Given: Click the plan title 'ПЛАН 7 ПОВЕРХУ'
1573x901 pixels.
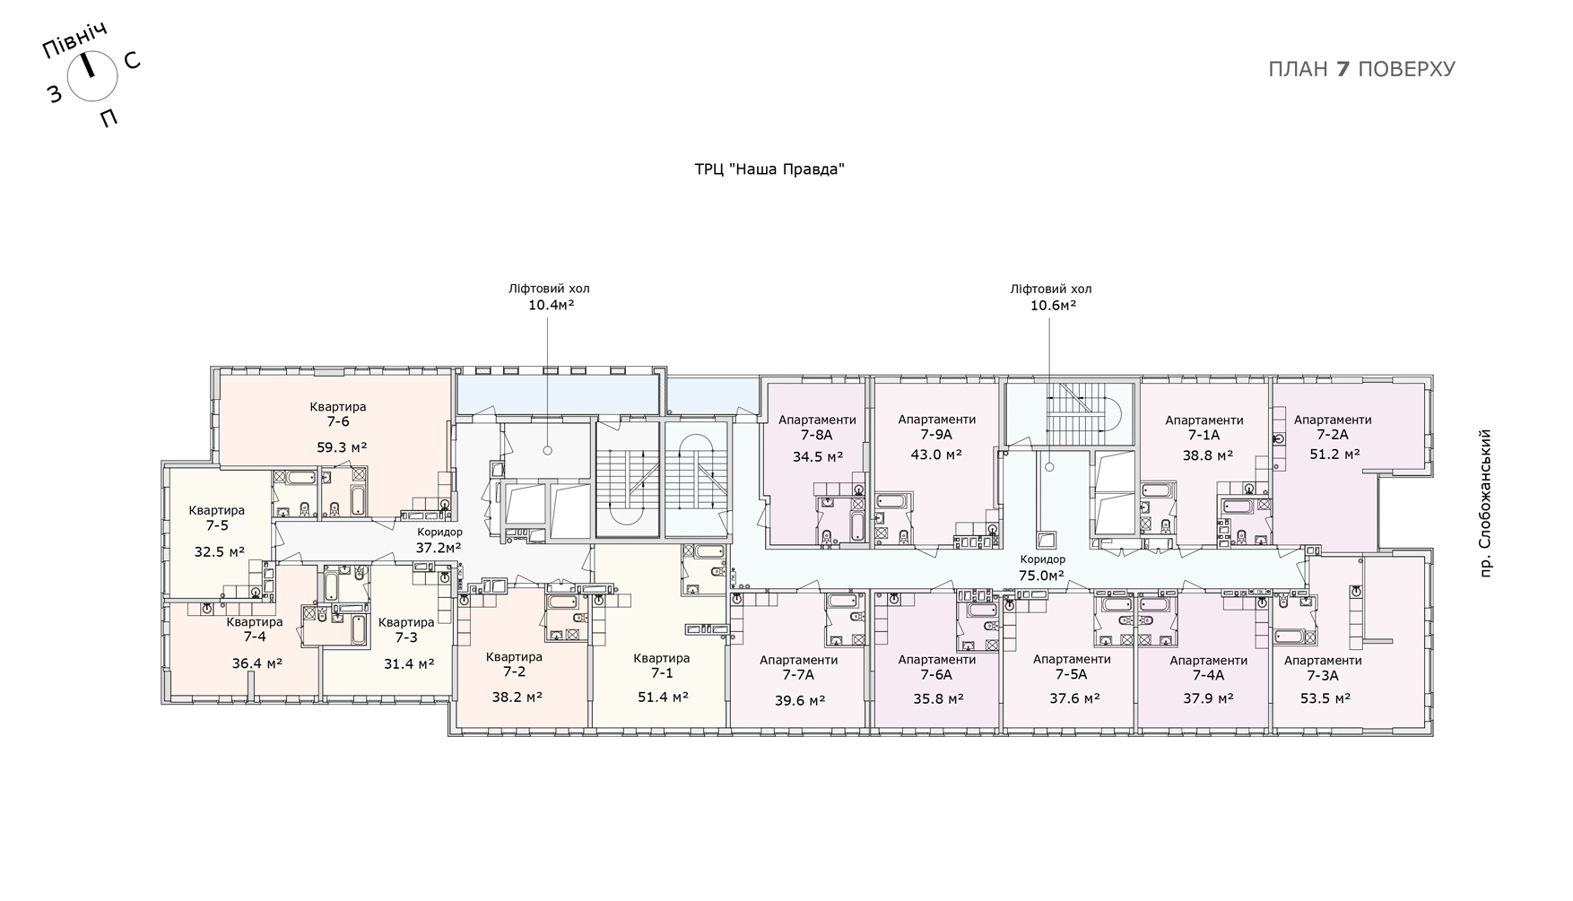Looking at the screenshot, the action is tap(1361, 69).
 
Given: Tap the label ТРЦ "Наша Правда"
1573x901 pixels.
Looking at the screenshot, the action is tap(769, 169).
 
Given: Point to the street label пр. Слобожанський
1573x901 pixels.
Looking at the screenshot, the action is tap(1485, 503).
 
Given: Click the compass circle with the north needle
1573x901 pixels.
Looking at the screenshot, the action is tap(92, 75).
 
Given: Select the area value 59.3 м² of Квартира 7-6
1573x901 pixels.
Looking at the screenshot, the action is tap(342, 447).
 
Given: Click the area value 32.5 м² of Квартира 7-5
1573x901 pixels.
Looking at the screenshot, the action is tap(220, 552).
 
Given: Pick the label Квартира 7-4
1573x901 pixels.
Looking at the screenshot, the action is tap(255, 629).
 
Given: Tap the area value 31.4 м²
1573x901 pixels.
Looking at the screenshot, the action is tap(409, 663).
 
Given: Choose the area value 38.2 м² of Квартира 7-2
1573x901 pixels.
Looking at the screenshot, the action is tap(517, 696).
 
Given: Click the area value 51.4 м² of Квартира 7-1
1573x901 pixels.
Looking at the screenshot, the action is tap(663, 696).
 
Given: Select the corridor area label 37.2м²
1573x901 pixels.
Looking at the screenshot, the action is tap(439, 547).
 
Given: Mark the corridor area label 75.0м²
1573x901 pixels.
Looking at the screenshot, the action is tap(1042, 576).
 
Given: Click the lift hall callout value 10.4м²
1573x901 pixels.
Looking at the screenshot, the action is tap(551, 305).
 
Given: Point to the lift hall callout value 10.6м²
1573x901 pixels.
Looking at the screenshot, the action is tap(1053, 305).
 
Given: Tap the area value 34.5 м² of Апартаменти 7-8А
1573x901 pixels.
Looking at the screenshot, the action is tap(817, 456).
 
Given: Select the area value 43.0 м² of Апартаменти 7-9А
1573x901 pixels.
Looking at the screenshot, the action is tap(937, 454).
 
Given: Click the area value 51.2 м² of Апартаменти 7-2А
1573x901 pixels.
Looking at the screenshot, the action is tap(1334, 454).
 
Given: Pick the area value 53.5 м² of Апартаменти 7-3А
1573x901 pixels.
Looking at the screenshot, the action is tap(1324, 697).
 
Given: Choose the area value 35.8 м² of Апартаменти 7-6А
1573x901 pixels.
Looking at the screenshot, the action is tap(937, 697).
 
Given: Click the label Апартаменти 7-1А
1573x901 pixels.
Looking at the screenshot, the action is tap(1204, 428).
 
